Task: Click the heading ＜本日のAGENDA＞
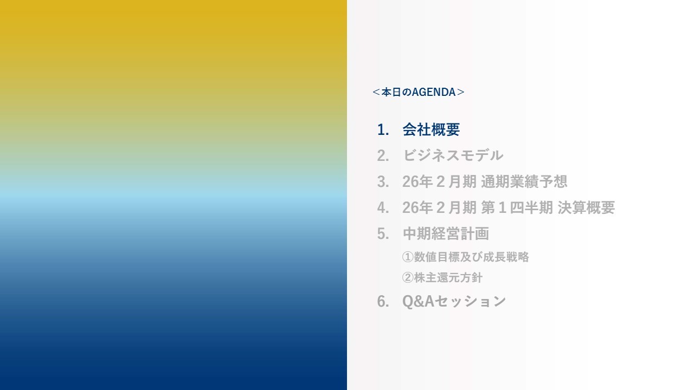click(x=419, y=92)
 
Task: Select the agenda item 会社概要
click(x=431, y=130)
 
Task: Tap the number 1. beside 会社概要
click(x=383, y=130)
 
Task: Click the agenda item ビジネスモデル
click(x=453, y=156)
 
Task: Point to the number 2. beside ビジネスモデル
click(x=383, y=156)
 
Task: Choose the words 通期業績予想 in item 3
click(x=524, y=182)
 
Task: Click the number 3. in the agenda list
click(x=383, y=182)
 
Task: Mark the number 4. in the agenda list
click(x=383, y=208)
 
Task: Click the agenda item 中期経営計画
click(x=446, y=234)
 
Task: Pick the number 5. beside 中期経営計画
click(x=383, y=234)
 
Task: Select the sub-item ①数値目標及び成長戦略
click(x=465, y=257)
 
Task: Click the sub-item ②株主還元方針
click(x=442, y=278)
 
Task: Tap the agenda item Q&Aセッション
click(x=454, y=302)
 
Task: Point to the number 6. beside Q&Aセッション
click(x=383, y=302)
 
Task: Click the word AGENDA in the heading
click(x=434, y=92)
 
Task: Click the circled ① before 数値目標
click(x=408, y=257)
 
